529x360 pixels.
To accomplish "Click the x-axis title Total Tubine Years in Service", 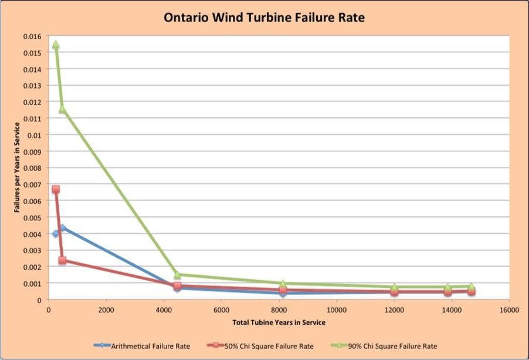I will (x=278, y=322).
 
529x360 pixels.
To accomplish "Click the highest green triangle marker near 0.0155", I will (x=56, y=45).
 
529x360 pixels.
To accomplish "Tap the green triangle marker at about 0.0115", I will (x=62, y=110).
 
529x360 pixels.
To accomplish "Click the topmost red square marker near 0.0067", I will (x=56, y=189).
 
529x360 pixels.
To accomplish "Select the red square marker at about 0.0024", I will (x=62, y=260).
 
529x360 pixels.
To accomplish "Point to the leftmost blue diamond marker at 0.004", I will (x=56, y=233).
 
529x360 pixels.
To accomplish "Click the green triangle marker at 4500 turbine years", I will (x=177, y=274).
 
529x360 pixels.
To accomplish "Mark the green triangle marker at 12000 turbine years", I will (x=394, y=287).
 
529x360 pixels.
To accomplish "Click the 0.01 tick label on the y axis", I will (x=37, y=135).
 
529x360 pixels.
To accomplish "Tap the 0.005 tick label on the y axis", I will (x=35, y=218).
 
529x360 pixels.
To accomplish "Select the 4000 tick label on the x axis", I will (x=163, y=310).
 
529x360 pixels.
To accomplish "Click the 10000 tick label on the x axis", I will (x=336, y=310).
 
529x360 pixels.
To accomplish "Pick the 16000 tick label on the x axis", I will (x=508, y=310).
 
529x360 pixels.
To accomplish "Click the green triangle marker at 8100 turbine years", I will (x=283, y=284).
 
